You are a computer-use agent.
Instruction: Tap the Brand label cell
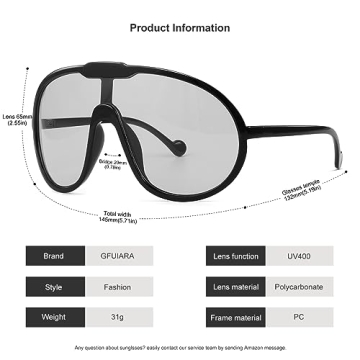point(53,256)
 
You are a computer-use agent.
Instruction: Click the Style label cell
point(53,286)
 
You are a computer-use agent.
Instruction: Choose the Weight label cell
point(53,316)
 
